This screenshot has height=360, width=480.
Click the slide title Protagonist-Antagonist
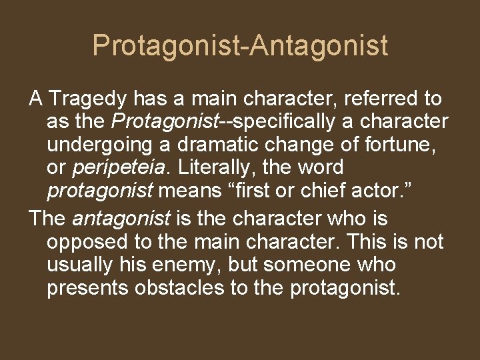tap(240, 45)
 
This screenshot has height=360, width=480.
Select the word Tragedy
tap(87, 99)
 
